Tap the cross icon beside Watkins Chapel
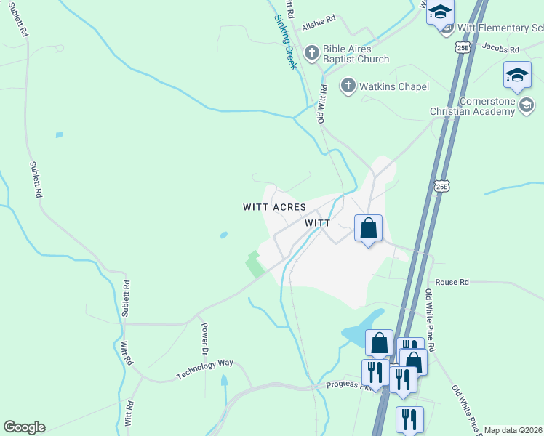point(348,86)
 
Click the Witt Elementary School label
point(502,28)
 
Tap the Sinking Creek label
point(286,42)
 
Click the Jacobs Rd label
point(501,49)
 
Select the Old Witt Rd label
point(321,102)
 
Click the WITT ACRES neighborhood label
point(274,207)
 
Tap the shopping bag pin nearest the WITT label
point(368,229)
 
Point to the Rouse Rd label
point(452,282)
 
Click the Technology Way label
point(204,369)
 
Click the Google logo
point(24,427)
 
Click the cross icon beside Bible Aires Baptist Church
point(311,52)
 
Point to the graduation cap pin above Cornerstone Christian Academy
point(517,75)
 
